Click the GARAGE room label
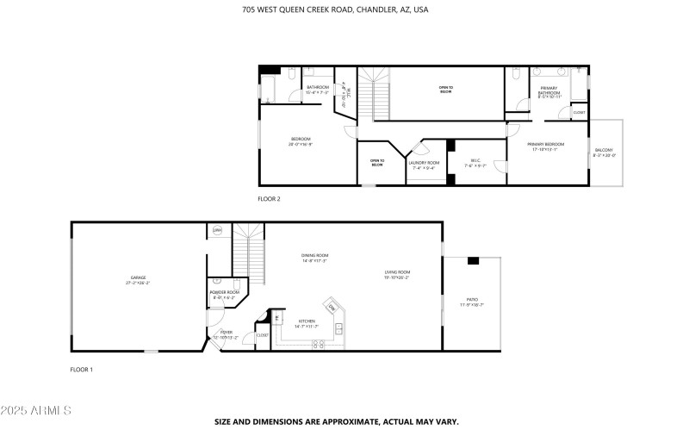[x=138, y=277]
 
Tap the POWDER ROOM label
[x=224, y=292]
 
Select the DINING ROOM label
[x=314, y=255]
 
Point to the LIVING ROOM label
[x=397, y=272]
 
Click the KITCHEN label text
[x=307, y=321]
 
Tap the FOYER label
[x=226, y=332]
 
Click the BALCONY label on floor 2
[x=604, y=152]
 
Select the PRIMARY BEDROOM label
[x=548, y=144]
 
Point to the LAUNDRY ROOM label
[x=424, y=162]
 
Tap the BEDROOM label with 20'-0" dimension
[x=300, y=139]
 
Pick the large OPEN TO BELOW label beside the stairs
[x=445, y=87]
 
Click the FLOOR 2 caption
[x=269, y=198]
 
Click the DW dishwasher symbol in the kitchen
[x=332, y=308]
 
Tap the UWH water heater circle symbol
[x=217, y=230]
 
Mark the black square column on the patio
[x=473, y=260]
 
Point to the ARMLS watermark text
[x=36, y=409]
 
